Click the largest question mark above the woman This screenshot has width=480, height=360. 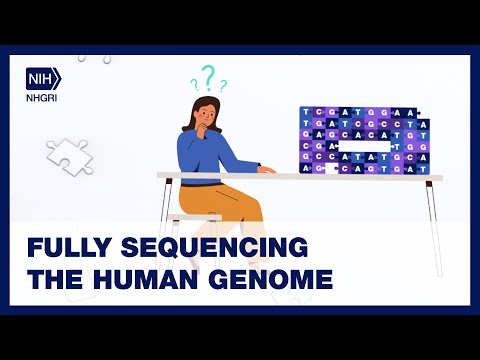[208, 76]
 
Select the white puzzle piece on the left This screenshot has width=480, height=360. [68, 154]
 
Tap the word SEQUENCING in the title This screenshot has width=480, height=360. [208, 247]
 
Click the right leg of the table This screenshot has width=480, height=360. [433, 215]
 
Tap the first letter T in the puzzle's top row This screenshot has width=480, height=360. [306, 112]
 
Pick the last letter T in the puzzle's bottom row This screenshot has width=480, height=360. [423, 169]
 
